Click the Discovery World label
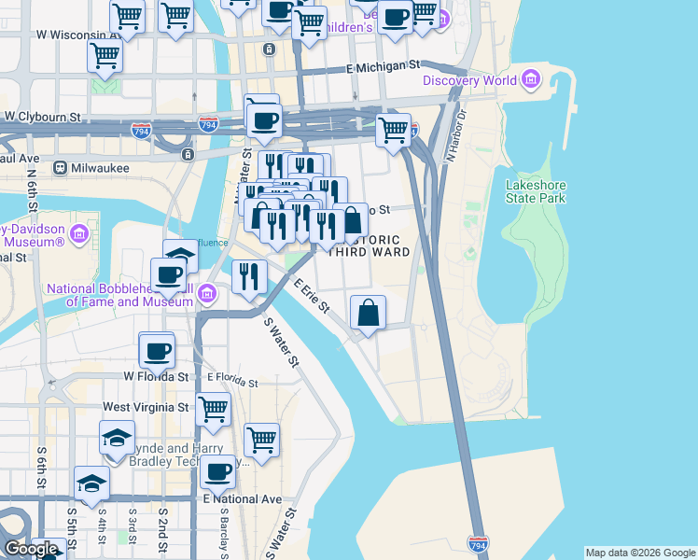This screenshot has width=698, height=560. pos(468,80)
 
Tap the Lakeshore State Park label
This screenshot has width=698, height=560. pos(536,191)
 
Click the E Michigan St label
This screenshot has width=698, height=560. pos(383,67)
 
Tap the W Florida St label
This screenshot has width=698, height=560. pos(157,376)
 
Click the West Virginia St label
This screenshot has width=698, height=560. pos(146,407)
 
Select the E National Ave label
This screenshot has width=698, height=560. pos(243,499)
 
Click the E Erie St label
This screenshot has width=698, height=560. pos(312,296)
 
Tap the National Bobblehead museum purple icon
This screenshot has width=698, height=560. pos(207,297)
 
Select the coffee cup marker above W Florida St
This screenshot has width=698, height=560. pos(156,350)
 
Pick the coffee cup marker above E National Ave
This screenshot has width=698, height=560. pos(218,471)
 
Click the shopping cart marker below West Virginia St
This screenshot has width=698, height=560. pos(261,440)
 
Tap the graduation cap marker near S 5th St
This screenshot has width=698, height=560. pos(91,483)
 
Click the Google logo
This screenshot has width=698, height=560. pos(31,549)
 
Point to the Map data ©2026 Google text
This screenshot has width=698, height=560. pos(639,553)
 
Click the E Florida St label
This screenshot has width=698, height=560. pos(232,380)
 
